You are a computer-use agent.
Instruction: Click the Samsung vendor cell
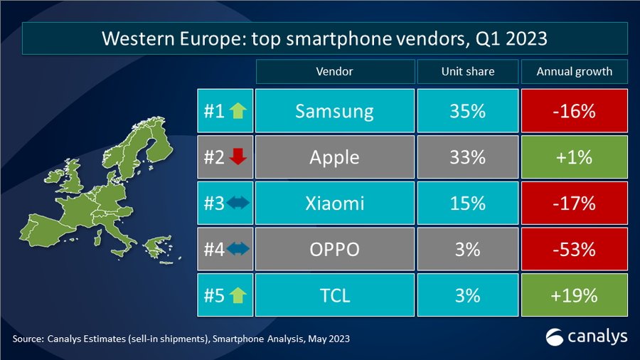(x=334, y=111)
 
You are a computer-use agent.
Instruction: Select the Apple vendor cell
(x=334, y=157)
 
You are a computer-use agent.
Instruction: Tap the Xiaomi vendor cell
(x=334, y=203)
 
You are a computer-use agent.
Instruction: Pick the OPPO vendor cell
(x=334, y=250)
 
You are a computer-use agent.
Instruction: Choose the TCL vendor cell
(x=334, y=295)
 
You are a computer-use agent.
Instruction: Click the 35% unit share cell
(x=467, y=111)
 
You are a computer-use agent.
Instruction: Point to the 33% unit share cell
(x=467, y=157)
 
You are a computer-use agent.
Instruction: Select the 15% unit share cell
(x=467, y=203)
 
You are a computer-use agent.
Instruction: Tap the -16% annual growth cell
(x=575, y=111)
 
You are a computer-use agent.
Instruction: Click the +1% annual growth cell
(x=575, y=157)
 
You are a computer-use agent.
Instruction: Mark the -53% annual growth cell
(x=575, y=250)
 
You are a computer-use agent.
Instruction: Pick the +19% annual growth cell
(x=575, y=295)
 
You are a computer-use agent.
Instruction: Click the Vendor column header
(x=334, y=71)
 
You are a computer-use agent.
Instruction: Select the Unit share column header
(x=467, y=71)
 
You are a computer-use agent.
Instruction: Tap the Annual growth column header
(x=575, y=71)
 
